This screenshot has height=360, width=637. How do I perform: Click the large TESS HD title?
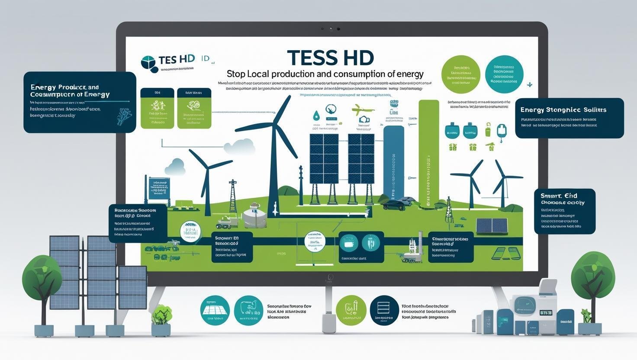click(x=330, y=58)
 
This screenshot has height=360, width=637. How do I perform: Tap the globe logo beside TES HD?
click(x=148, y=63)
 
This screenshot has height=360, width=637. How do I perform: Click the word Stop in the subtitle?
click(x=236, y=74)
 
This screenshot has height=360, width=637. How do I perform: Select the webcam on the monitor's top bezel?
click(x=331, y=29)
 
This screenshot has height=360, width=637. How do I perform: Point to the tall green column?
click(x=428, y=151)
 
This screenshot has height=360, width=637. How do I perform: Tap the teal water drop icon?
click(x=316, y=116)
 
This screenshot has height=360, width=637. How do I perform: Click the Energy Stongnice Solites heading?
click(x=563, y=110)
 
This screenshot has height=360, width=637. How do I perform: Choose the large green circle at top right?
click(x=461, y=74)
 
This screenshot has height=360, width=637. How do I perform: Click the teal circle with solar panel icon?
click(x=215, y=310)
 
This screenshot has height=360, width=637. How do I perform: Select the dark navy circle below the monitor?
click(x=384, y=310)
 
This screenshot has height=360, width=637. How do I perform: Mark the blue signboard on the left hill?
click(x=159, y=188)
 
